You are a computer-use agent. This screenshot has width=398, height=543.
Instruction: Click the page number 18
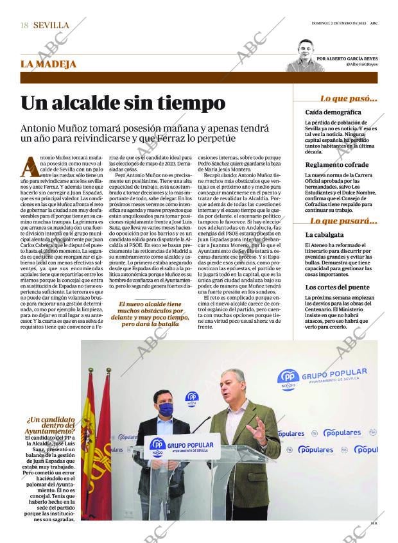[x=24, y=25]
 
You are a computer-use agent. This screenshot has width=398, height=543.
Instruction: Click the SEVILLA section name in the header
[x=51, y=25]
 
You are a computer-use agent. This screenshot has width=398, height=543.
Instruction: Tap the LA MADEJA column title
[x=49, y=64]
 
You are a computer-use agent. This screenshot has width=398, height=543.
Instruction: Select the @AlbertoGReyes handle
[x=361, y=65]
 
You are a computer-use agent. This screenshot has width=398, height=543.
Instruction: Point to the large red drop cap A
[x=30, y=166]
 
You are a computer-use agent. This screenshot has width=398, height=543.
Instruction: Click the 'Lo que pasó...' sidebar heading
[x=349, y=98]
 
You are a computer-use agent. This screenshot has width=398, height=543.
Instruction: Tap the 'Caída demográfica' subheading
[x=333, y=112]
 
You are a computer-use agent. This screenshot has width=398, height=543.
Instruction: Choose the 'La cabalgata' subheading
[x=324, y=235]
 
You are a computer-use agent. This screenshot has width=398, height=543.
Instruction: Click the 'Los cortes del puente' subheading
[x=337, y=287]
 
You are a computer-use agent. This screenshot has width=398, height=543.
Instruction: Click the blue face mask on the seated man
[x=166, y=409]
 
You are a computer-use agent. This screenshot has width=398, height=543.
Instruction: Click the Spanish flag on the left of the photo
[x=89, y=443]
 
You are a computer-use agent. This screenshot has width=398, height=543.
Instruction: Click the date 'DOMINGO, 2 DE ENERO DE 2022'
[x=334, y=24]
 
